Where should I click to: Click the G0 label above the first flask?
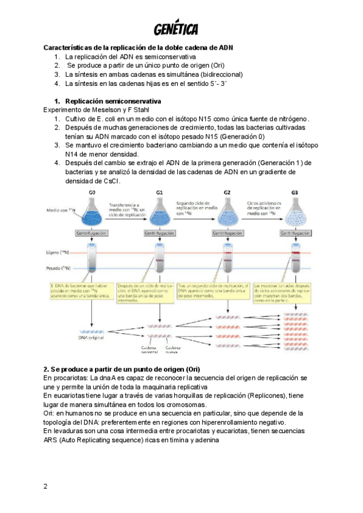point(92,192)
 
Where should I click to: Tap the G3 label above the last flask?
point(295,192)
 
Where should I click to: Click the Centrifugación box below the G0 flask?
point(92,232)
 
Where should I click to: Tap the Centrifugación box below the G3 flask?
point(295,232)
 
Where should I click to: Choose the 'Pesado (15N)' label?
point(57,267)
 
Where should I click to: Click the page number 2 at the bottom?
point(45,486)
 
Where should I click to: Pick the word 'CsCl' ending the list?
point(112,181)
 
